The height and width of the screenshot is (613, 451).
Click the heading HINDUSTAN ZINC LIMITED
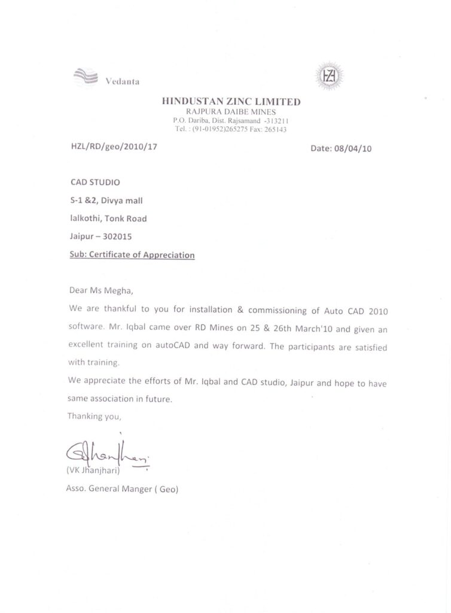coord(231,102)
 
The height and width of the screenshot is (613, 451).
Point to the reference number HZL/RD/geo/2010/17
coord(114,147)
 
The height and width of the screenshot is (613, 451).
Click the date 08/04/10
coord(357,149)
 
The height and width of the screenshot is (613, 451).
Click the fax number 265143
coord(275,129)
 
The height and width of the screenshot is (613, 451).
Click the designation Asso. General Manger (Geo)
coord(123,489)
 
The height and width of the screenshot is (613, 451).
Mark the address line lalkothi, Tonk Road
coord(108,219)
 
